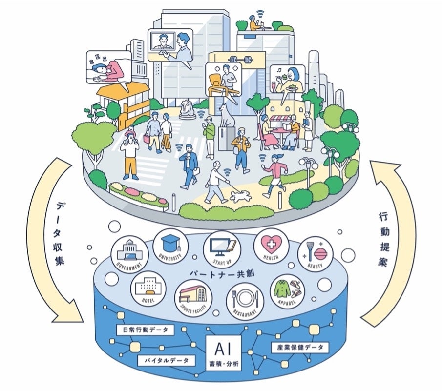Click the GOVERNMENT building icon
[x=129, y=253]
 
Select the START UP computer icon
[x=220, y=247]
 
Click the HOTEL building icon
[x=148, y=288]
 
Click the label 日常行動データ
[x=145, y=330]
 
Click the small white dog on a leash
[x=240, y=196]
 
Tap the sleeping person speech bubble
[x=108, y=68]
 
